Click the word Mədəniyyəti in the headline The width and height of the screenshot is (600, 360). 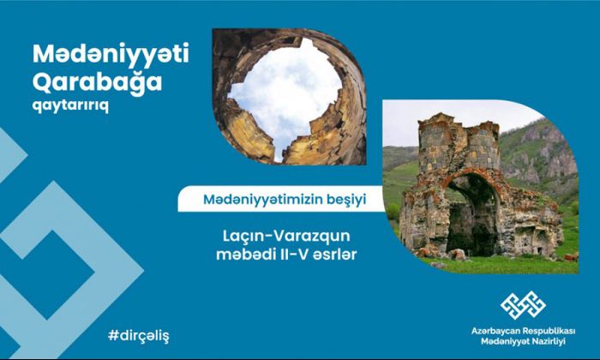(111, 54)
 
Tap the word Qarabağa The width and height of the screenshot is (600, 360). (97, 82)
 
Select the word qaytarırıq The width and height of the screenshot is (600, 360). (70, 105)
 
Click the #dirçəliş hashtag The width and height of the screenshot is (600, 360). (139, 336)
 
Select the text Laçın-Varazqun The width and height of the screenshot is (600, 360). (286, 236)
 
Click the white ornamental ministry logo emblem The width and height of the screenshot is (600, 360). (523, 305)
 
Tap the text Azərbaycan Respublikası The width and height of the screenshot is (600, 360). (523, 331)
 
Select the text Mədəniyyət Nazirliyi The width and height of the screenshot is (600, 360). (523, 341)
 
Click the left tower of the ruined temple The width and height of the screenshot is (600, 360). (435, 147)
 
